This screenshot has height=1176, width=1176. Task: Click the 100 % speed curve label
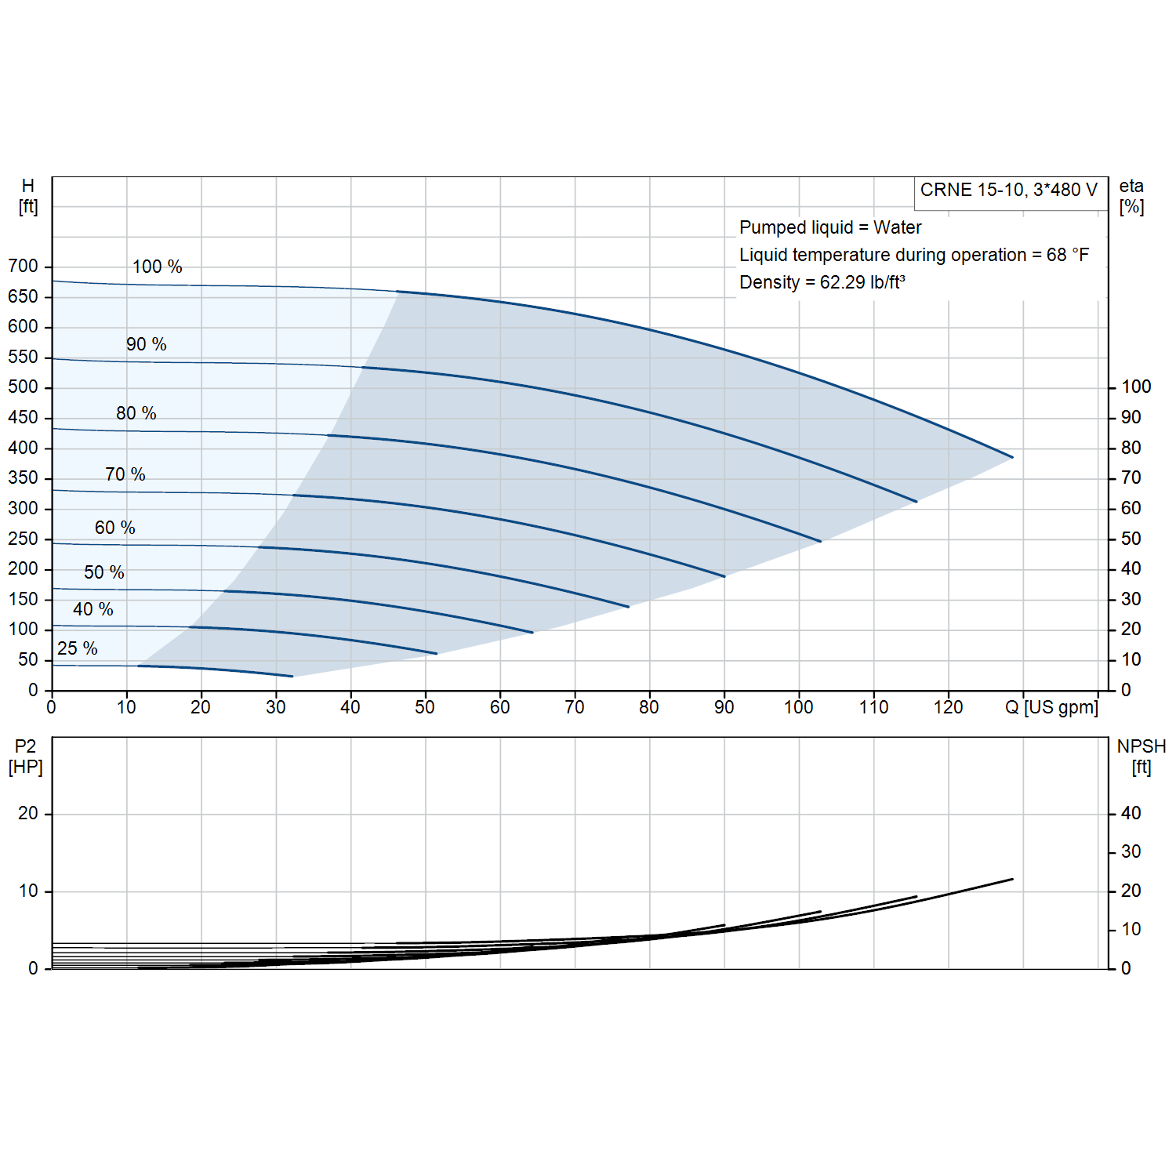157,267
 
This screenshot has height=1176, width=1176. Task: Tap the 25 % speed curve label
78,648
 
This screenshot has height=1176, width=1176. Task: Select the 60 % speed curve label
115,528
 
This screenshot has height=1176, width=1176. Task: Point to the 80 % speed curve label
136,413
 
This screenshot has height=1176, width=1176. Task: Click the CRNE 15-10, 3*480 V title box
1009,191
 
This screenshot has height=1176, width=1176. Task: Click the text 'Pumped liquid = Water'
830,227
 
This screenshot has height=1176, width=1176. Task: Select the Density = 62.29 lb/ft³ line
822,282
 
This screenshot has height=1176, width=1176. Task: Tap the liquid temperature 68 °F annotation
914,255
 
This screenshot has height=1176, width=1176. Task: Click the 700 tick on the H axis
23,266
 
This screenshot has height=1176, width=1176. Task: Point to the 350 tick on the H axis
23,477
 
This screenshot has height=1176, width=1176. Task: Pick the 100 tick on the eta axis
1136,387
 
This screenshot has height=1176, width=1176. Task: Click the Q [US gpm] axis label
1051,707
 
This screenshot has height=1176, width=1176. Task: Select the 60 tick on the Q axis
500,707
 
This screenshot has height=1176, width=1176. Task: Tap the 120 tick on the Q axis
949,707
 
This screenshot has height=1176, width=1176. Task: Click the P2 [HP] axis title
26,757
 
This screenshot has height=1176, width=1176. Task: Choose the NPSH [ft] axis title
1142,757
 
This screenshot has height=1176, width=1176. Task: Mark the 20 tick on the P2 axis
28,814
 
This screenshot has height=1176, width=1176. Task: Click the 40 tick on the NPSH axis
1131,814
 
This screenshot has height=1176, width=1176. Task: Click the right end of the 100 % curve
1013,457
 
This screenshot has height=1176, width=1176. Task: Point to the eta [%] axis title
1131,197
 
